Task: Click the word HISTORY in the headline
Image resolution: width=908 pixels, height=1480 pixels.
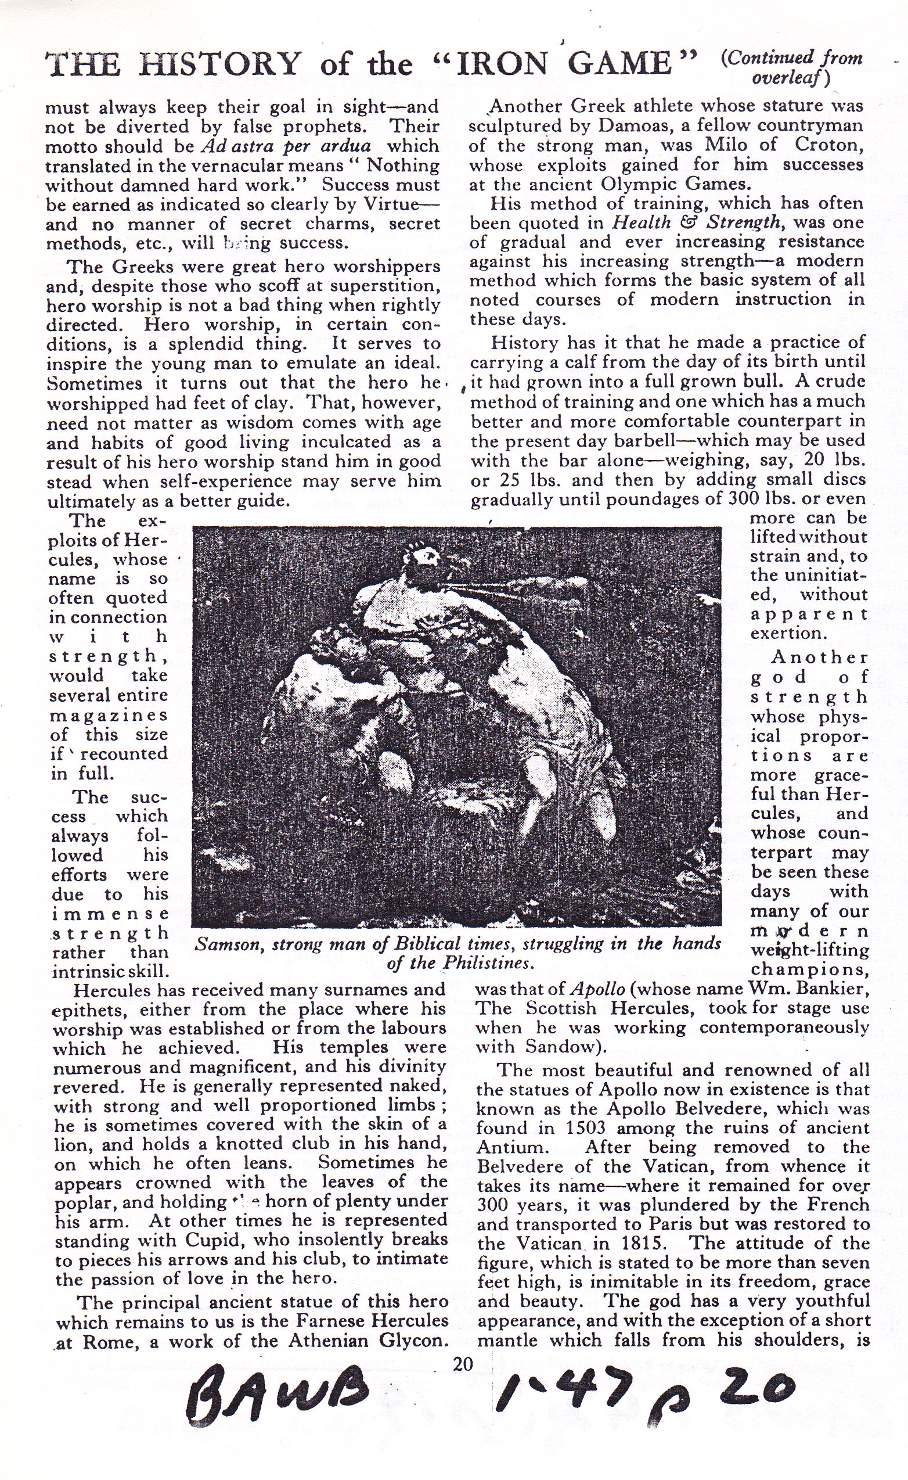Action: [x=219, y=64]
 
